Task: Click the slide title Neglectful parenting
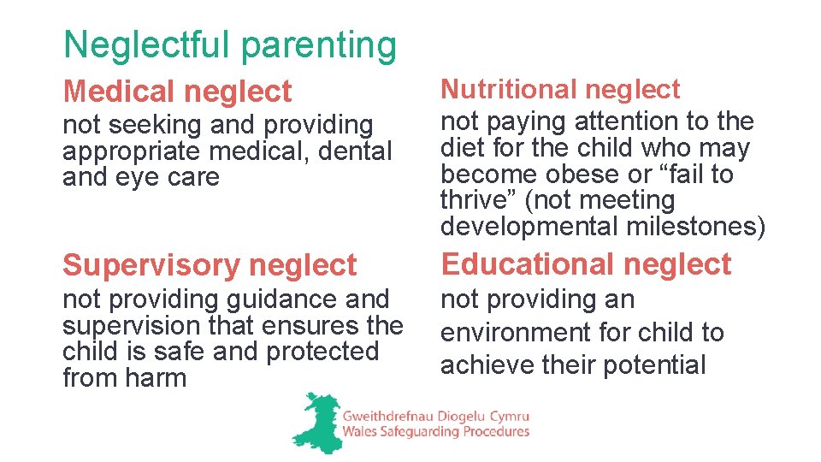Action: tap(230, 45)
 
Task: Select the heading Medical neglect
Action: tap(177, 91)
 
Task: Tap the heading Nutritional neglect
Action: tap(560, 89)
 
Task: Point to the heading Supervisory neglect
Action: tap(210, 265)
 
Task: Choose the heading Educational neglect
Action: tap(586, 264)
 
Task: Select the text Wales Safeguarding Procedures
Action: tap(435, 432)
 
